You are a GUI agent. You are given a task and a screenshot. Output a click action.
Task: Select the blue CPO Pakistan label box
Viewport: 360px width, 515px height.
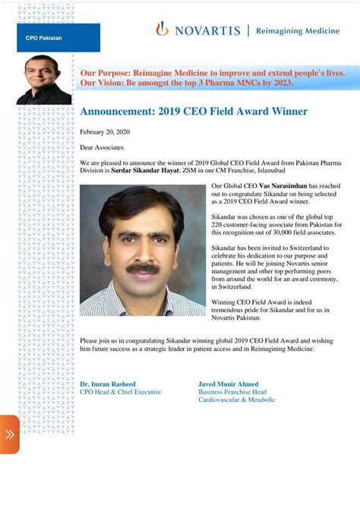click(x=58, y=37)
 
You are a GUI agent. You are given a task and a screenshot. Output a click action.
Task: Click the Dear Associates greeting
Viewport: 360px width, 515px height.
click(x=102, y=147)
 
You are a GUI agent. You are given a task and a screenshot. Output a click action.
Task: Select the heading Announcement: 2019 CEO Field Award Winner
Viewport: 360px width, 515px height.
click(x=194, y=112)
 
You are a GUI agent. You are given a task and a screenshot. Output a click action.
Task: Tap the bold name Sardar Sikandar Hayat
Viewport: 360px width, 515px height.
click(x=146, y=171)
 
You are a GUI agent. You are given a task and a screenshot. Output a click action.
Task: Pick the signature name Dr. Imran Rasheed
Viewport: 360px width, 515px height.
click(x=110, y=384)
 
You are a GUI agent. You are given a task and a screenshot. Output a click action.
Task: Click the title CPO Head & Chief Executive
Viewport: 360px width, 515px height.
click(x=121, y=391)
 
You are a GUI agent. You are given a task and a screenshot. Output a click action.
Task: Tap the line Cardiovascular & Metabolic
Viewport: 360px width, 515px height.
click(x=236, y=400)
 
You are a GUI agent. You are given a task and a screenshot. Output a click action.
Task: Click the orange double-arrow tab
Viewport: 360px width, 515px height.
click(x=10, y=434)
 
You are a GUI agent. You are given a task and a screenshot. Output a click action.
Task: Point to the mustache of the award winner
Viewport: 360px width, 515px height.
click(x=142, y=267)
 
